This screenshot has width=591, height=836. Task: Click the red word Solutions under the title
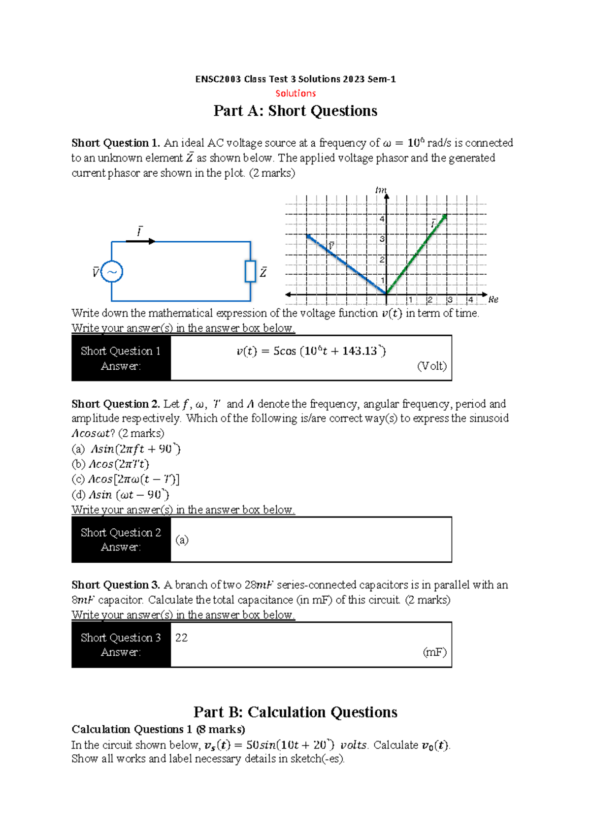click(x=295, y=93)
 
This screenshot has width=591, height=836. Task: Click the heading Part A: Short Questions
click(x=295, y=111)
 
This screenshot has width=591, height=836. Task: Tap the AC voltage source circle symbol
click(x=112, y=272)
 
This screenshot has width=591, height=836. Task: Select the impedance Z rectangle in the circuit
click(x=250, y=271)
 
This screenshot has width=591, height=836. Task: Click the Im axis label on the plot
click(x=381, y=190)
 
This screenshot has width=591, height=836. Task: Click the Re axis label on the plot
click(x=493, y=299)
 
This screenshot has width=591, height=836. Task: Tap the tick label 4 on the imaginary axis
click(x=382, y=219)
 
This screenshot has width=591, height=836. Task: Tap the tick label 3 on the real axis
click(x=450, y=300)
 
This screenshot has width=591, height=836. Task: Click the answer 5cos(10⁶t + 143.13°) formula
click(x=311, y=351)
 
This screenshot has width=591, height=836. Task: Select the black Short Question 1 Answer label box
click(x=121, y=358)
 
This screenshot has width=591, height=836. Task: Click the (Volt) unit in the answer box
click(x=431, y=366)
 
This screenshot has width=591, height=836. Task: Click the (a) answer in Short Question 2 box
click(x=182, y=540)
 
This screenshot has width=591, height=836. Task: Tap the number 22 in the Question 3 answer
click(x=181, y=638)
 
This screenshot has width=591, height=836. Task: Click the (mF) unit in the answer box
click(x=434, y=652)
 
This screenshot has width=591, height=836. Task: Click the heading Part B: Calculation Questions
click(x=295, y=712)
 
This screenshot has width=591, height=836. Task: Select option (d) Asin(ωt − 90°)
click(x=129, y=494)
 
